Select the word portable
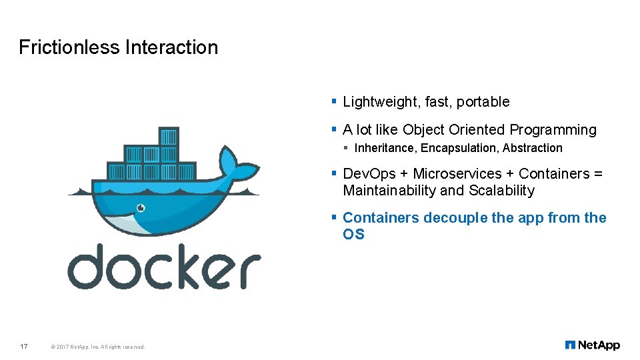pos(485,102)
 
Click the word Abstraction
pos(533,148)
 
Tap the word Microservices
pos(455,174)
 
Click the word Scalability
pos(501,191)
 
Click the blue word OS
pos(353,235)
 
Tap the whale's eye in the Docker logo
pos(141,207)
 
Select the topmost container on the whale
pos(169,137)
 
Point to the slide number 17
pos(24,346)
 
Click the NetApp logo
pos(592,345)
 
